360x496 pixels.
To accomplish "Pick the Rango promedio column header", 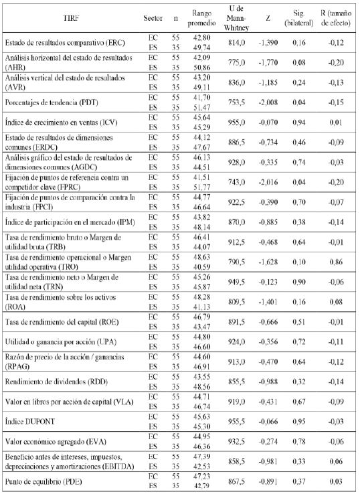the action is [x=203, y=17].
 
